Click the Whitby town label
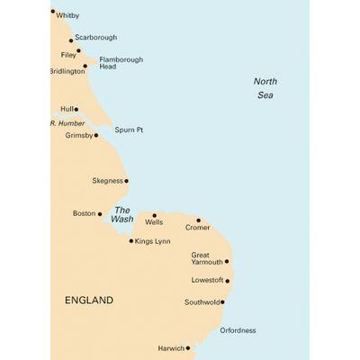tap(67, 15)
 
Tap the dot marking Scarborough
tap(71, 40)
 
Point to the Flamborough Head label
tap(121, 63)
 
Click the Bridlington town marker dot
tap(85, 66)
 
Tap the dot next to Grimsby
tap(96, 135)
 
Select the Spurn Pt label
tap(129, 130)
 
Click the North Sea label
tap(265, 87)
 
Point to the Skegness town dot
tap(126, 181)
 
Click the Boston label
tap(83, 213)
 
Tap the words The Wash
tap(122, 214)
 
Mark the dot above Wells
tap(154, 216)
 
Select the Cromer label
tap(197, 228)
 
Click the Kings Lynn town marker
tap(131, 240)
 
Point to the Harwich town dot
tap(187, 347)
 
